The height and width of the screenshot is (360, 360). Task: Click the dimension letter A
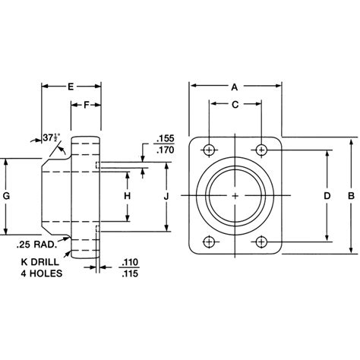pyautogui.click(x=235, y=87)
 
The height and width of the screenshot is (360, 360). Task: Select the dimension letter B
pyautogui.click(x=350, y=196)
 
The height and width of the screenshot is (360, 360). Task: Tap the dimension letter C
pyautogui.click(x=235, y=103)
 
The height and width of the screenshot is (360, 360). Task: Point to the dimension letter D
pyautogui.click(x=327, y=196)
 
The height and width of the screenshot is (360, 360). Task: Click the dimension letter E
pyautogui.click(x=71, y=87)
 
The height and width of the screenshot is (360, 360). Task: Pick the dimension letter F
pyautogui.click(x=87, y=104)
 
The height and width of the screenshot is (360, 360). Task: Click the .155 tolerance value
pyautogui.click(x=164, y=141)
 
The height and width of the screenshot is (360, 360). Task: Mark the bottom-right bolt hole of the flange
pyautogui.click(x=261, y=242)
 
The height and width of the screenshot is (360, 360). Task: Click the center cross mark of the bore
pyautogui.click(x=236, y=196)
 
